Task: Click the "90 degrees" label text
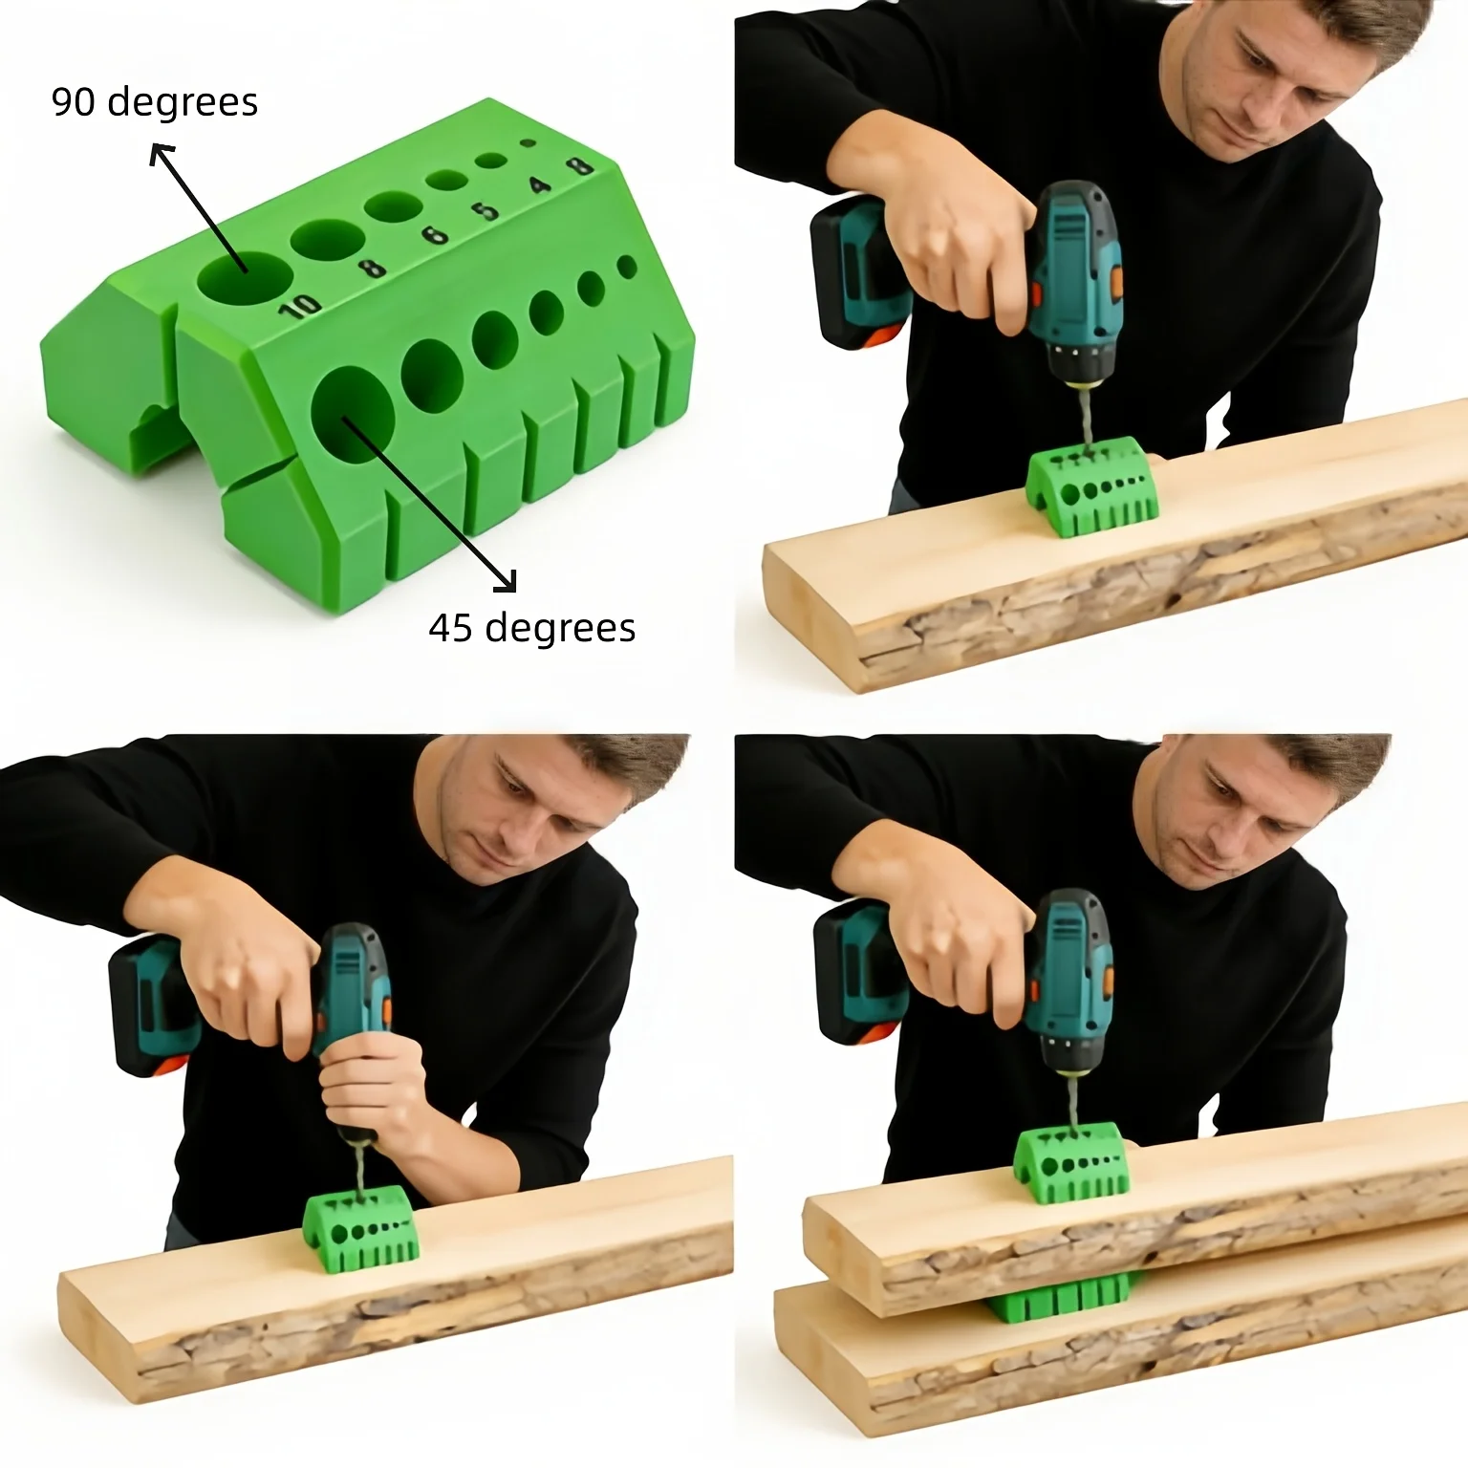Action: [154, 102]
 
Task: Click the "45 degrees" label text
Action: [531, 628]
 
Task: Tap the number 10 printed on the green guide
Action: [300, 305]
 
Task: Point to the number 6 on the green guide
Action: [435, 232]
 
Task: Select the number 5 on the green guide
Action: [487, 208]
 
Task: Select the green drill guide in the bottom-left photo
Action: [361, 1229]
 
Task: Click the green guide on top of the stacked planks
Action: [1071, 1162]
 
